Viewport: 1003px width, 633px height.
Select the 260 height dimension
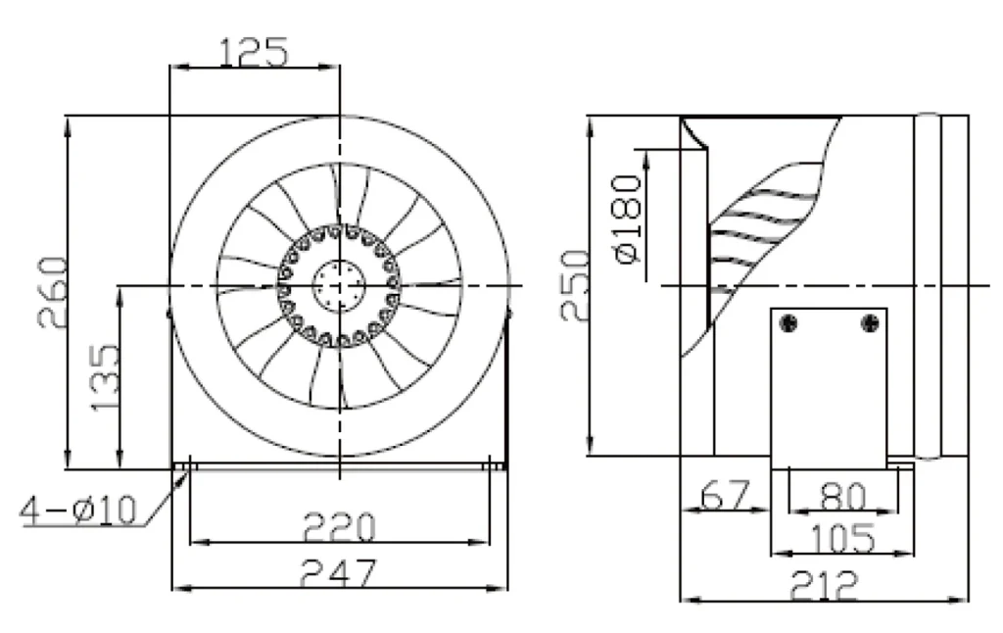pos(53,293)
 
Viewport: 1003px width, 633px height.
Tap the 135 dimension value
pos(104,377)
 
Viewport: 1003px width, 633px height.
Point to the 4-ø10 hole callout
pos(78,511)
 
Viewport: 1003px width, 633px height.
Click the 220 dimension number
pos(339,527)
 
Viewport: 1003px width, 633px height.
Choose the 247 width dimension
pos(339,573)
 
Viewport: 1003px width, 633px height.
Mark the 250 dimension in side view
pos(574,285)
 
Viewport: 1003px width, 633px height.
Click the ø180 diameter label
pos(627,219)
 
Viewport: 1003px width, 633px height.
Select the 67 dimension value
pos(725,495)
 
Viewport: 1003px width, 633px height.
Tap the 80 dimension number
pos(843,496)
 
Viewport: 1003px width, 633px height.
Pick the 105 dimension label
pos(842,538)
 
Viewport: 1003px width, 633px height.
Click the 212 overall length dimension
pos(823,585)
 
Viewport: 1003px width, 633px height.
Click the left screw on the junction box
pos(789,323)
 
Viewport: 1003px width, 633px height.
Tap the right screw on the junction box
pos(870,323)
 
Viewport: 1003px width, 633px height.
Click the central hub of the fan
pos(338,285)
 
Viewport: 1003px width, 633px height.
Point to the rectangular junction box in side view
pos(829,388)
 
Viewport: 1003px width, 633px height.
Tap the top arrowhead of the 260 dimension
pos(68,125)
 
